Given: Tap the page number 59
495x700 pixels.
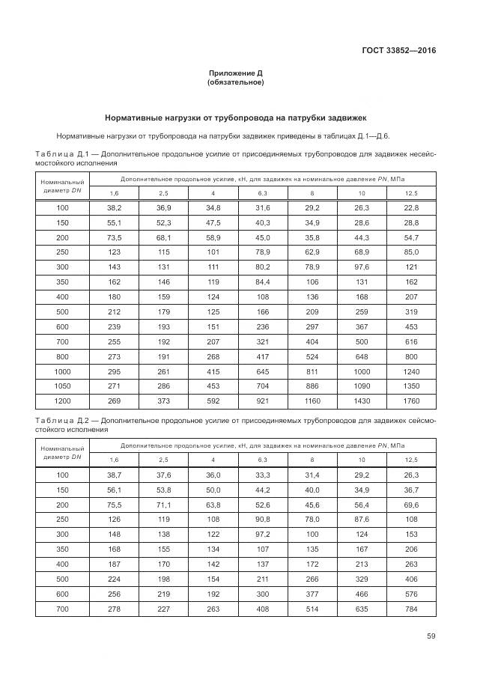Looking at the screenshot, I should coord(431,636).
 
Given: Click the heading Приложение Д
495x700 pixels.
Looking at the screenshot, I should coord(235,73).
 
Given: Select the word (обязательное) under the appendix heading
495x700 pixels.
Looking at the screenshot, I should coord(235,82).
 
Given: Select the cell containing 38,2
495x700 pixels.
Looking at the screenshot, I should coord(114,207).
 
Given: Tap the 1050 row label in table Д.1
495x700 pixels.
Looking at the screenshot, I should coord(62,386).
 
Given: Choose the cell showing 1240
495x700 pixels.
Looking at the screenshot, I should coord(411,372).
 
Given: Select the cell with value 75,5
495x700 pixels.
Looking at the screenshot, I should coord(114,505).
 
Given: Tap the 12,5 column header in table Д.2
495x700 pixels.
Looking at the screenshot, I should coord(411,459).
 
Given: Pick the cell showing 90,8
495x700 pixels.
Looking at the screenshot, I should coord(262,518).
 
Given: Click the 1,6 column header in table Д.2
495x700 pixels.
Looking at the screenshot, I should coord(114,459).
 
